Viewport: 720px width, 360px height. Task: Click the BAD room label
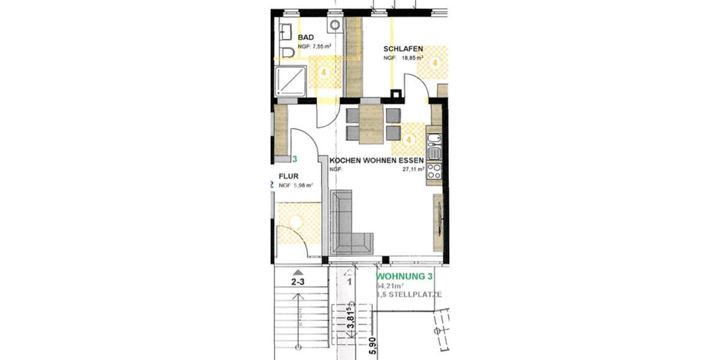click(306, 37)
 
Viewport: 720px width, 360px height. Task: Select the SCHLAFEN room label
click(404, 49)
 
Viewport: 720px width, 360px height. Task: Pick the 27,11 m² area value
click(413, 169)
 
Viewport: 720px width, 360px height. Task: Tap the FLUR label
click(289, 176)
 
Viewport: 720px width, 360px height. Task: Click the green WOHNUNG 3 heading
click(404, 277)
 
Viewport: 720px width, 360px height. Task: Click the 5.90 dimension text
click(372, 346)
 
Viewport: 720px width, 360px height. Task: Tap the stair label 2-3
click(298, 281)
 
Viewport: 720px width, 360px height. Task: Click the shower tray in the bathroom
click(290, 82)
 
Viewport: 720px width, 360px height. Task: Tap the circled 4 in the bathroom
click(324, 72)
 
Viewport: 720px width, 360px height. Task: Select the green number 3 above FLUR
click(295, 160)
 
